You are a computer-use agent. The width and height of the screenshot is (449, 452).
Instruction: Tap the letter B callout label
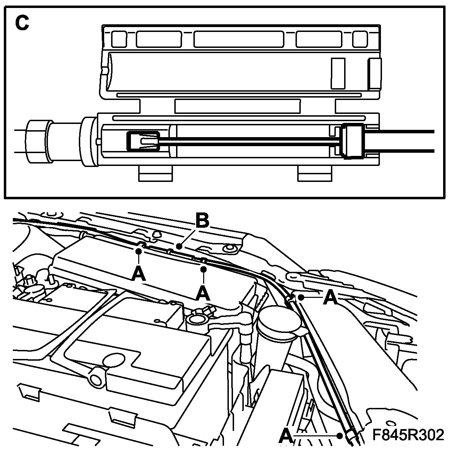(x=202, y=220)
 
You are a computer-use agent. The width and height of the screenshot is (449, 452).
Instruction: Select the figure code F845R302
(x=408, y=435)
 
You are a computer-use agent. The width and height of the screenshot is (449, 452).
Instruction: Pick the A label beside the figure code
(x=285, y=435)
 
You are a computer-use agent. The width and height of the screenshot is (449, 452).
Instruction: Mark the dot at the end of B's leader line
(x=178, y=246)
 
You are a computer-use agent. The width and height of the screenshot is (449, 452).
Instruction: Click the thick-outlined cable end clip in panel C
(x=143, y=141)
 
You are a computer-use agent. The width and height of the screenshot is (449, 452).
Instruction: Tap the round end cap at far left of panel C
(x=37, y=141)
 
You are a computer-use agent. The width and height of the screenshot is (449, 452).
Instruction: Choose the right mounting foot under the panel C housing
(x=315, y=173)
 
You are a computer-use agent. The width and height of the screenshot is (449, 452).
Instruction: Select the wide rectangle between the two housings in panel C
(x=237, y=106)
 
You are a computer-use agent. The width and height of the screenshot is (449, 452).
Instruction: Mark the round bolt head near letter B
(x=228, y=249)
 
